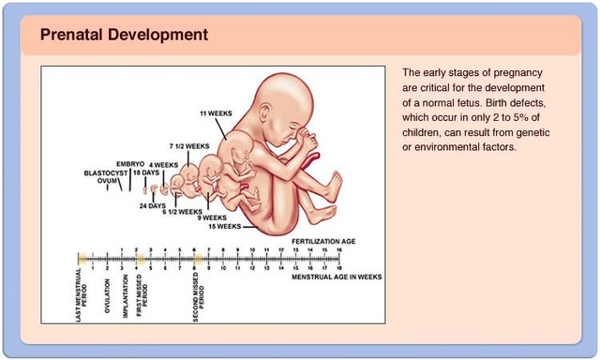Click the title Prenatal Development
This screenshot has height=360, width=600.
click(124, 35)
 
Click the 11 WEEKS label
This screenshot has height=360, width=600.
click(216, 113)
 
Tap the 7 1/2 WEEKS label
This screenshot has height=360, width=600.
click(189, 146)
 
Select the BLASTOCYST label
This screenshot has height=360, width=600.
click(106, 173)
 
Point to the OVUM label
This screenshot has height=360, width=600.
click(107, 180)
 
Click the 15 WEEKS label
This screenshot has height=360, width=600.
click(225, 227)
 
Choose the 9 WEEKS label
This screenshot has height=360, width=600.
click(212, 217)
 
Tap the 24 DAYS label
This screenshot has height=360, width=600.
click(152, 206)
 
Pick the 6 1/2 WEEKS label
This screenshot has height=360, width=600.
click(183, 212)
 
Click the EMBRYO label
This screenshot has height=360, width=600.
click(130, 164)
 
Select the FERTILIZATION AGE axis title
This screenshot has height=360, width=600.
click(323, 241)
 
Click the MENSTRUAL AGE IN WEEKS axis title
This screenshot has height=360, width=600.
click(337, 277)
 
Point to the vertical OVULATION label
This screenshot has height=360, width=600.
click(107, 295)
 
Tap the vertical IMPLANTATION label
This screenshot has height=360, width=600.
click(125, 296)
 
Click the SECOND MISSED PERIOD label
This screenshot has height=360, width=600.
click(199, 297)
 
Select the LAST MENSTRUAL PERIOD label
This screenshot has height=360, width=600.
click(82, 295)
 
